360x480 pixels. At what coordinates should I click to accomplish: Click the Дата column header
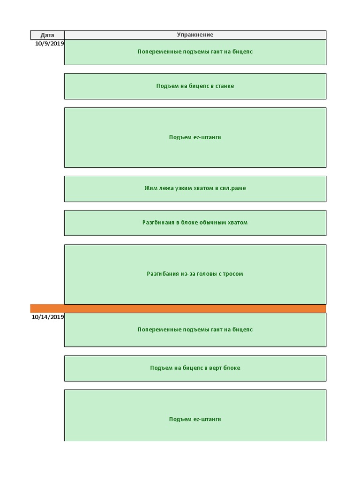point(47,35)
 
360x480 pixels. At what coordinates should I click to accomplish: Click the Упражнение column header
point(195,35)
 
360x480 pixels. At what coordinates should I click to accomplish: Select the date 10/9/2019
point(49,44)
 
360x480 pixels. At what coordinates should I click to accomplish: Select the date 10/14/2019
point(48,317)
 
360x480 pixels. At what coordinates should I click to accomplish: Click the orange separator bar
point(178,308)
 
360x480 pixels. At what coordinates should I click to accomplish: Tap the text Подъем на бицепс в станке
point(195,86)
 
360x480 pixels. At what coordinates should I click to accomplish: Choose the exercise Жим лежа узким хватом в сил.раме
point(195,188)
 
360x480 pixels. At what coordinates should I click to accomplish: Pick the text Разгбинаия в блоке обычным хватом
point(195,223)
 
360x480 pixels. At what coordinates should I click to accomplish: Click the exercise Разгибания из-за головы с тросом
point(195,274)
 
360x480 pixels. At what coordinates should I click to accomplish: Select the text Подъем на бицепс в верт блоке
point(195,368)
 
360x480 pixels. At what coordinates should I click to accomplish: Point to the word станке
point(225,86)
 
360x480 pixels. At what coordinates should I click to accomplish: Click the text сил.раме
point(233,188)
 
